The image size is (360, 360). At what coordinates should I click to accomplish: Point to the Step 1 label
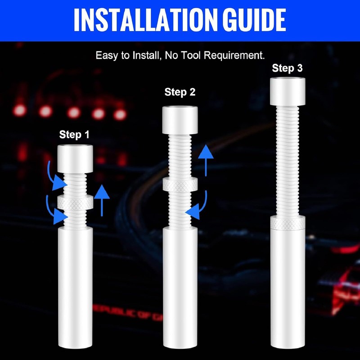point(74,135)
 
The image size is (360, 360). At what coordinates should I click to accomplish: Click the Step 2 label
point(180,93)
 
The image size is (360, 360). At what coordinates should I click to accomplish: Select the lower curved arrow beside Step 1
point(54,210)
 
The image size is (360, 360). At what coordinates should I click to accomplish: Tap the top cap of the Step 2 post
point(180,120)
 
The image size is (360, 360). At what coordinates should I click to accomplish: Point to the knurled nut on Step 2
point(180,184)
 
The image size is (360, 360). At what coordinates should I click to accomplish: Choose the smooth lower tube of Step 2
point(180,288)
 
